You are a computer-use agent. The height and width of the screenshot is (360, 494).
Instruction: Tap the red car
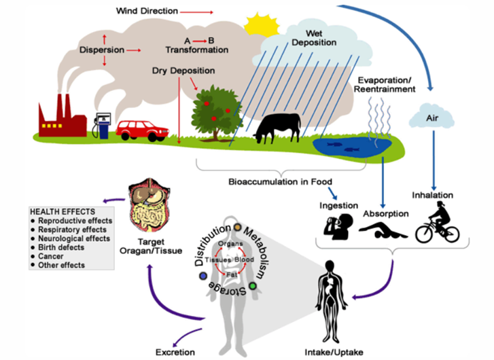(141, 129)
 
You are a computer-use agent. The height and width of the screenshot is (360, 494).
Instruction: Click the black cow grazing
(276, 127)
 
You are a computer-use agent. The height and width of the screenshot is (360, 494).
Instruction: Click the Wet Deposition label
(313, 37)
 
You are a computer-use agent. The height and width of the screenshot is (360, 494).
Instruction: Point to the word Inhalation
(433, 196)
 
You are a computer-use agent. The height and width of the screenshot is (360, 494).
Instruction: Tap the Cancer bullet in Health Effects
(52, 256)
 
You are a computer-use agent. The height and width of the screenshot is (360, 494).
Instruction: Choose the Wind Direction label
(147, 11)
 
